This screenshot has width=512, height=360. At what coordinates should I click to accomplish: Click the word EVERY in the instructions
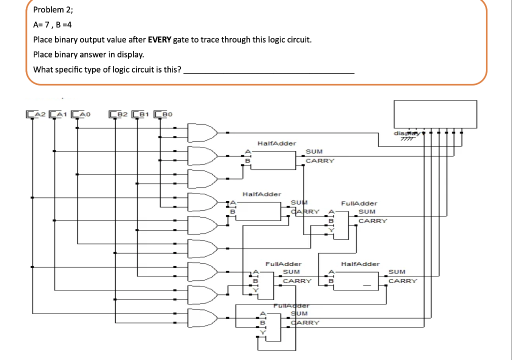point(159,39)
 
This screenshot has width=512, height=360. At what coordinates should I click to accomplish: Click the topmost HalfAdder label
point(276,143)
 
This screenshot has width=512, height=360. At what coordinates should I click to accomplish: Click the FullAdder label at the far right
point(358,203)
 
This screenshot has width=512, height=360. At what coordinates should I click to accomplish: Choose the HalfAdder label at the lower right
point(360,263)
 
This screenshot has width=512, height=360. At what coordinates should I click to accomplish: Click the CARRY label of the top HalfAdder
point(319,161)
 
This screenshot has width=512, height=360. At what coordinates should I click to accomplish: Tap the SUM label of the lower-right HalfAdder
point(397,272)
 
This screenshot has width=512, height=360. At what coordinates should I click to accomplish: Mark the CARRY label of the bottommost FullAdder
point(305,323)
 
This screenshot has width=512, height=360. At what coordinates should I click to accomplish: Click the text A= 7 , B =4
point(56,24)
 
